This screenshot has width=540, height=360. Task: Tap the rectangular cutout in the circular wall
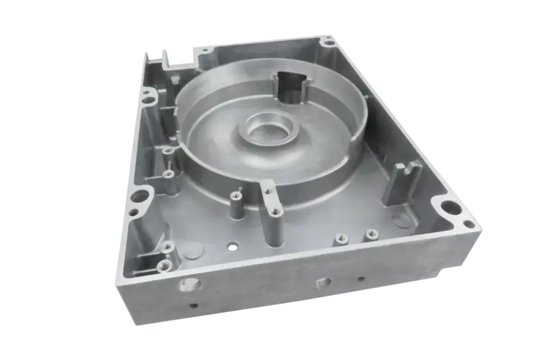(289, 86)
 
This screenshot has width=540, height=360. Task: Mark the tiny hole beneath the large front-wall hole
(194, 306)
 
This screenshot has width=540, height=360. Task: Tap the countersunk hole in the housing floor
(233, 245)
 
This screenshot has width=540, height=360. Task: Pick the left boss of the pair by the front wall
(340, 238)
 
